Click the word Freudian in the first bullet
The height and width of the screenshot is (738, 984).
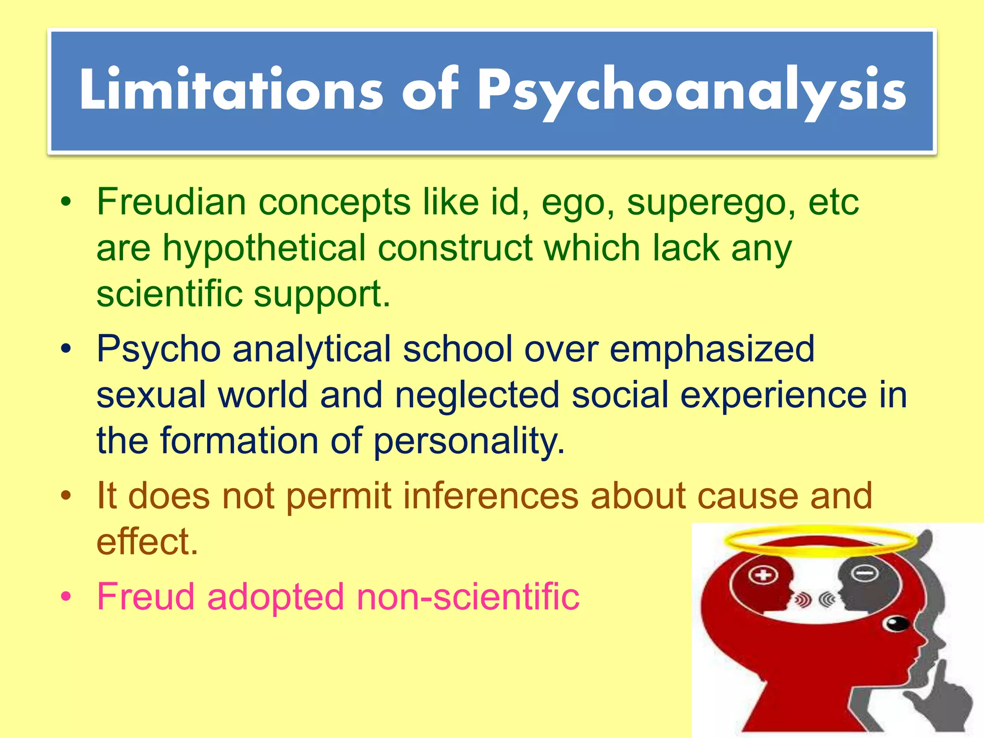172,202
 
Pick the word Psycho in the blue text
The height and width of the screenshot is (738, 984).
159,349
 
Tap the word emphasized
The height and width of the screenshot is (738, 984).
712,349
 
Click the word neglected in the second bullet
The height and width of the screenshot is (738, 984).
477,395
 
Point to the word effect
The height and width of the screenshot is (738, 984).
147,541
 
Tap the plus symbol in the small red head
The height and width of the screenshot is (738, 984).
763,575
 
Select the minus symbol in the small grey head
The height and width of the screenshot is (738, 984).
865,573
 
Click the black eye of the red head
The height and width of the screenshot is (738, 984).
896,623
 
